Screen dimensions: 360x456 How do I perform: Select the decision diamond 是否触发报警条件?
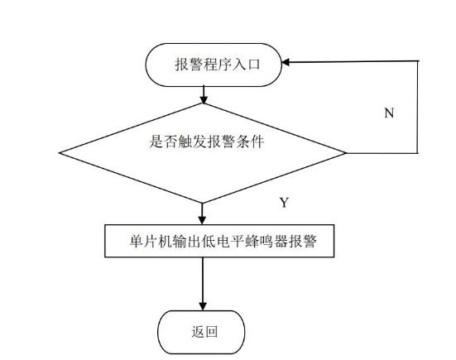tap(202, 152)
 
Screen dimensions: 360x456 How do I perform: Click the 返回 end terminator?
tap(202, 332)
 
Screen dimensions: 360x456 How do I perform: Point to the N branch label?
tap(388, 113)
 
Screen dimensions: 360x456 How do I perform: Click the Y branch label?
tap(284, 202)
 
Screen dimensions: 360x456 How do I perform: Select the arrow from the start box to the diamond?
tap(202, 93)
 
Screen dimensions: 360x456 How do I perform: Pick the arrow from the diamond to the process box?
tap(202, 214)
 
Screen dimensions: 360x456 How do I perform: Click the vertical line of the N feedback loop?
tap(417, 108)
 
